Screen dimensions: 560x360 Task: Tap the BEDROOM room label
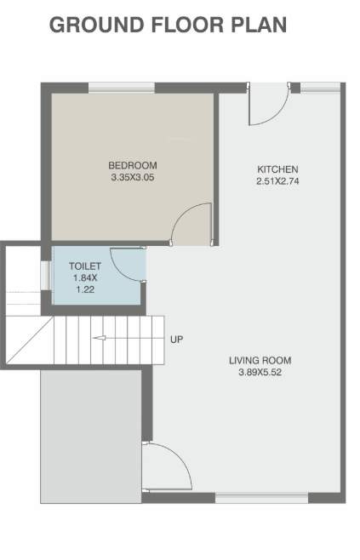pos(133,165)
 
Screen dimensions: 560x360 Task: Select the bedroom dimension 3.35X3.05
pos(133,178)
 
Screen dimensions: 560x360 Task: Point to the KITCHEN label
pos(277,169)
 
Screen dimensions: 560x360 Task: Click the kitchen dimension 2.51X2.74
pos(277,181)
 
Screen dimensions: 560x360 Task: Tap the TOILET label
pos(85,266)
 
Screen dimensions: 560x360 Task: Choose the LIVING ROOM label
pos(260,360)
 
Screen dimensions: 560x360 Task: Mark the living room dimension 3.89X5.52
pos(260,373)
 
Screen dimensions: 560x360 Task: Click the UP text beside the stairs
pos(177,340)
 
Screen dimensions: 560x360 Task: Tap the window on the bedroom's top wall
pos(121,86)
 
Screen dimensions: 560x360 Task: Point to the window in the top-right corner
pos(320,86)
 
